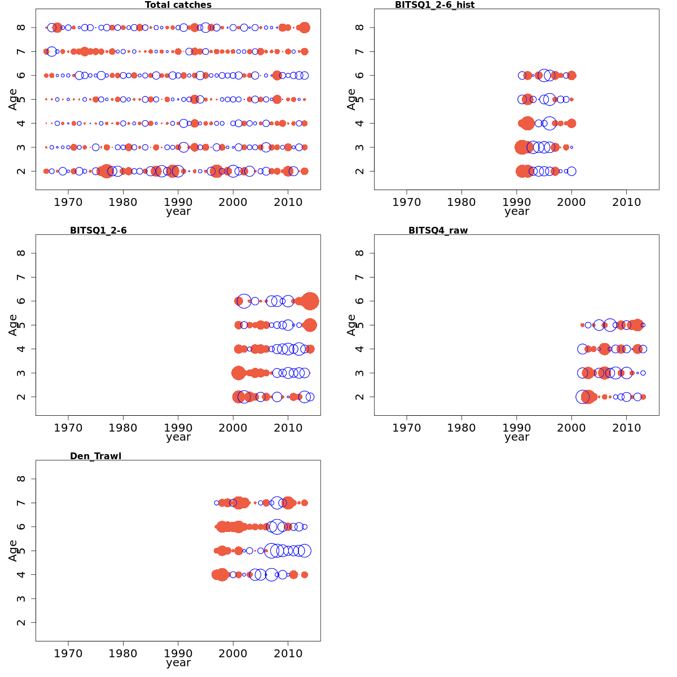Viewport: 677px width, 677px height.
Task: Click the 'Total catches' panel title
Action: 178,5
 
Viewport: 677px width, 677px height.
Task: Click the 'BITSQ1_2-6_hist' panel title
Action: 434,5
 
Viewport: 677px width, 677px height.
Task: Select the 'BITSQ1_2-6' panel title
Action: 98,230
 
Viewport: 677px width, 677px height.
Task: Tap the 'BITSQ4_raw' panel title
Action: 438,230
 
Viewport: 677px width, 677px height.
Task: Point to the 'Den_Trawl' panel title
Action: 95,456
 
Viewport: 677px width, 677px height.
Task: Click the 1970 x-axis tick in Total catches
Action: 68,201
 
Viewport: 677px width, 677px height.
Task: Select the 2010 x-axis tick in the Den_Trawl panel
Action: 288,653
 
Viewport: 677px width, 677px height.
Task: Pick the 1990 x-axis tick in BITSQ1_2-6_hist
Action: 517,201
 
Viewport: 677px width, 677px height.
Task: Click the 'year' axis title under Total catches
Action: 178,212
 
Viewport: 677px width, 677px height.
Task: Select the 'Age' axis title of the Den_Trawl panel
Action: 13,550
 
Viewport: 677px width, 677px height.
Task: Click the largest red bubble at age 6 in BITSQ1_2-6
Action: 310,301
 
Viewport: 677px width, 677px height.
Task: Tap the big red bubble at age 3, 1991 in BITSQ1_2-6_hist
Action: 522,147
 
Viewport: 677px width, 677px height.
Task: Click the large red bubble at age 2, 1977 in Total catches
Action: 106,171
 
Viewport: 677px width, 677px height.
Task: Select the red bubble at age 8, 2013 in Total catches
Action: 305,28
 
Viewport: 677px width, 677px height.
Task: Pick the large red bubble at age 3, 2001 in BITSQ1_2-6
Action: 238,373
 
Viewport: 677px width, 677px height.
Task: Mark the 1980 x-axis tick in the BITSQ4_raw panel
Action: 461,427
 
